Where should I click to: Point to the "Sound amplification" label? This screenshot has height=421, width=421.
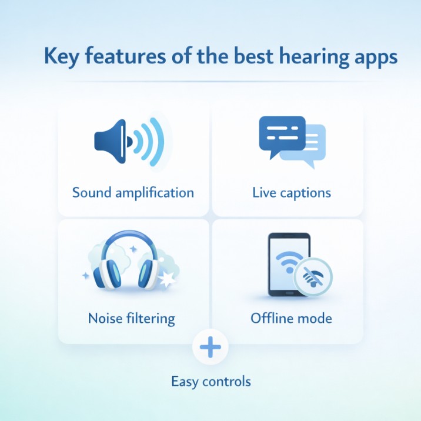pos(133,192)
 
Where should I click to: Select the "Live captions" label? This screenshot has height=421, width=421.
pos(291,192)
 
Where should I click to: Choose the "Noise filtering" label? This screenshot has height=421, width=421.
pos(131,319)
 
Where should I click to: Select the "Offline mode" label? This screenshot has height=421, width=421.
pos(291,319)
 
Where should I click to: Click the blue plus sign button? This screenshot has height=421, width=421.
pos(210,348)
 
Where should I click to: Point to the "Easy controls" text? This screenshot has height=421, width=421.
pos(210,382)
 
